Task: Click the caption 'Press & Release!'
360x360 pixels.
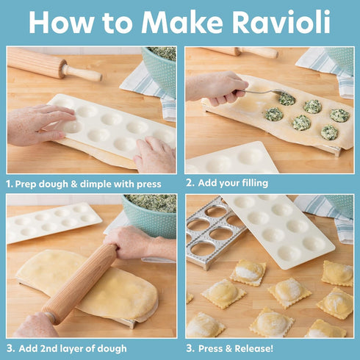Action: [x=237, y=348]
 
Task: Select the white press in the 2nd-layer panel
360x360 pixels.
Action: [x=51, y=222]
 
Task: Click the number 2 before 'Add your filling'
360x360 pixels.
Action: [x=190, y=182]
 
